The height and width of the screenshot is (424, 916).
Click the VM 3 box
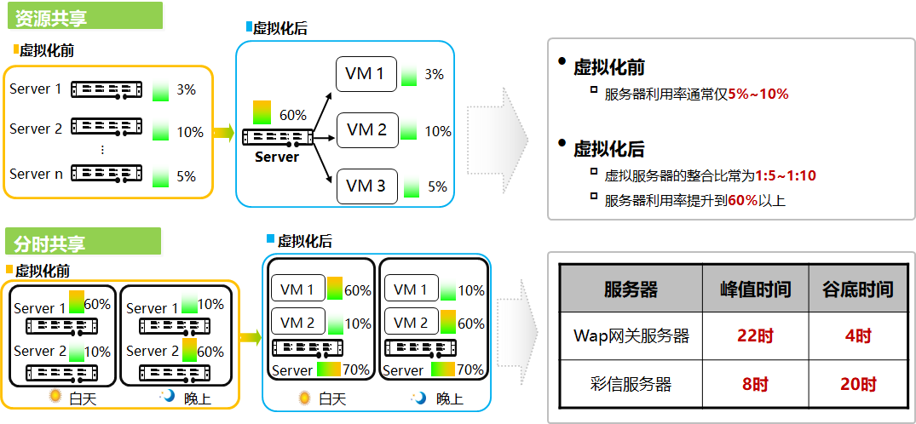pyautogui.click(x=366, y=186)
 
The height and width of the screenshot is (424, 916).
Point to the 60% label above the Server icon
pyautogui.click(x=292, y=115)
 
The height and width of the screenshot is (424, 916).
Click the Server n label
pyautogui.click(x=37, y=174)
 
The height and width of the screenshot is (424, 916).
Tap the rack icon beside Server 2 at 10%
pyautogui.click(x=107, y=128)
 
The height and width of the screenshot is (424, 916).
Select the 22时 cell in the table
pyautogui.click(x=754, y=336)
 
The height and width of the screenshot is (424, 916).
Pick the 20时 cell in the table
pyautogui.click(x=857, y=385)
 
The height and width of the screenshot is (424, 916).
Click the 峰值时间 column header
pyautogui.click(x=754, y=289)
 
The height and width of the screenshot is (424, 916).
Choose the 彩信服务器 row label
pyautogui.click(x=631, y=385)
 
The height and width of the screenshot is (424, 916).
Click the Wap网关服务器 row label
pyautogui.click(x=631, y=336)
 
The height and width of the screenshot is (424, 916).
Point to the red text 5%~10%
pyautogui.click(x=758, y=94)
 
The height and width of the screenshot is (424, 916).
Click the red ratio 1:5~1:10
pyautogui.click(x=786, y=176)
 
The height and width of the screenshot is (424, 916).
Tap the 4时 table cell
pyautogui.click(x=857, y=336)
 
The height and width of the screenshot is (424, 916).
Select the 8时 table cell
pyautogui.click(x=754, y=385)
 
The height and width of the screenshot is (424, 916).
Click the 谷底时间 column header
pyautogui.click(x=857, y=289)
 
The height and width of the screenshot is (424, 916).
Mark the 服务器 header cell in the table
pyautogui.click(x=631, y=289)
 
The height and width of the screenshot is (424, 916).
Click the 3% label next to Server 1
pyautogui.click(x=187, y=89)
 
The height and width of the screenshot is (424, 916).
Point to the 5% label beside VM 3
pyautogui.click(x=437, y=187)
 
